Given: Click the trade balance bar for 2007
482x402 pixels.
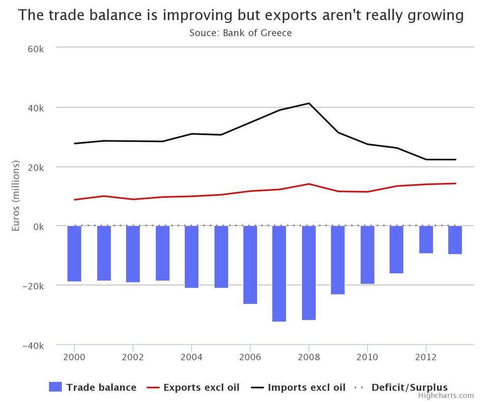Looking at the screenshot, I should click(279, 273).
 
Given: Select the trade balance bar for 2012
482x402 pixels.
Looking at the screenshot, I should click(426, 239).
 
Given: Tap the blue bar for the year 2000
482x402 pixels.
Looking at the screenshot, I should click(74, 253).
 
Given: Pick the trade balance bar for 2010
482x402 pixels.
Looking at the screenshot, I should click(368, 255).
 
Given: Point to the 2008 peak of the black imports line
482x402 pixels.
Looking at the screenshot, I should click(309, 104).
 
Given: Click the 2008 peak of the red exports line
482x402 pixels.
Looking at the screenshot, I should click(309, 184).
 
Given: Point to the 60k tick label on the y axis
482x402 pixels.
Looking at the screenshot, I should click(36, 49).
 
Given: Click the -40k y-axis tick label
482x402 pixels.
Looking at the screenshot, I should click(34, 346).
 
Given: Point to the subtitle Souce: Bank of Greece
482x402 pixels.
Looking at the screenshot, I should click(240, 33).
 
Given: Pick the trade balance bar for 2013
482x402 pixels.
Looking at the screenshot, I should click(455, 240).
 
